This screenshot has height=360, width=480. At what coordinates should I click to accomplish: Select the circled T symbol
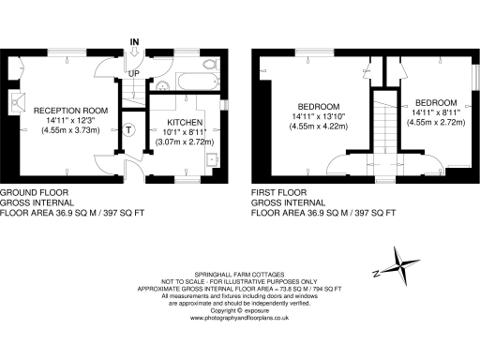pos(128,128)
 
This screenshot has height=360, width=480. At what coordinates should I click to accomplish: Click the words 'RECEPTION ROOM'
pos(70,111)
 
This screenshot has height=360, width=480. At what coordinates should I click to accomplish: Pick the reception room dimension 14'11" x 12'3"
pos(70,121)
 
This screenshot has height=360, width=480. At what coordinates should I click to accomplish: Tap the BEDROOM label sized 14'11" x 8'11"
pos(437,102)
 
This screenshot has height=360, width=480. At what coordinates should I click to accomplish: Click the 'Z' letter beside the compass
pos(375,273)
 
